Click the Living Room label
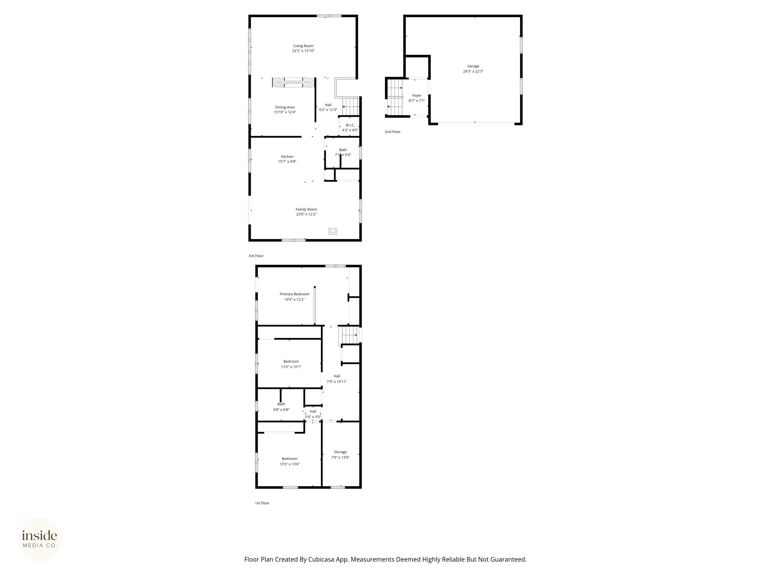pyautogui.click(x=303, y=46)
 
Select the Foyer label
pyautogui.click(x=417, y=95)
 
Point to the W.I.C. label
pyautogui.click(x=350, y=125)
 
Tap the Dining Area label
pyautogui.click(x=285, y=107)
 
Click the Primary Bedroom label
pyautogui.click(x=294, y=294)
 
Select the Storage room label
pyautogui.click(x=340, y=452)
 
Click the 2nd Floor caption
pyautogui.click(x=392, y=131)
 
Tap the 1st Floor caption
pyautogui.click(x=262, y=503)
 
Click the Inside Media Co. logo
pyautogui.click(x=39, y=539)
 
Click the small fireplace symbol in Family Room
pyautogui.click(x=333, y=231)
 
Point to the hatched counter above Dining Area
pyautogui.click(x=293, y=82)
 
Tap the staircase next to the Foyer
pyautogui.click(x=395, y=97)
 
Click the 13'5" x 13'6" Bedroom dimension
pyautogui.click(x=289, y=464)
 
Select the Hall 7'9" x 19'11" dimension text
pyautogui.click(x=337, y=381)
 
